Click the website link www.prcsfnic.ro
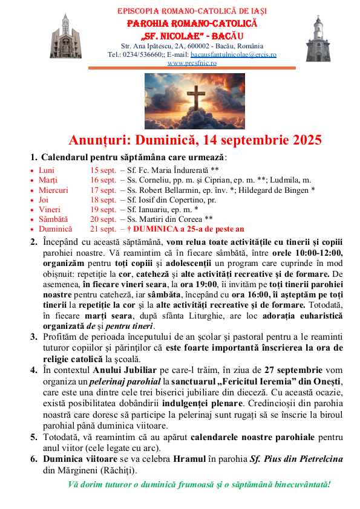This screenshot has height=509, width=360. (192, 63)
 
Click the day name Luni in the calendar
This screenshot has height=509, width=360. (47, 170)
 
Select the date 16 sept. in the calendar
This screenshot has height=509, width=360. (103, 180)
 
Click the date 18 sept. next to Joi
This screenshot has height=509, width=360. (103, 199)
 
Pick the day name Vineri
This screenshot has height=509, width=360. (50, 209)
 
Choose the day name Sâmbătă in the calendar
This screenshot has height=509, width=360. (53, 219)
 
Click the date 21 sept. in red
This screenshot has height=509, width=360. (103, 229)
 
